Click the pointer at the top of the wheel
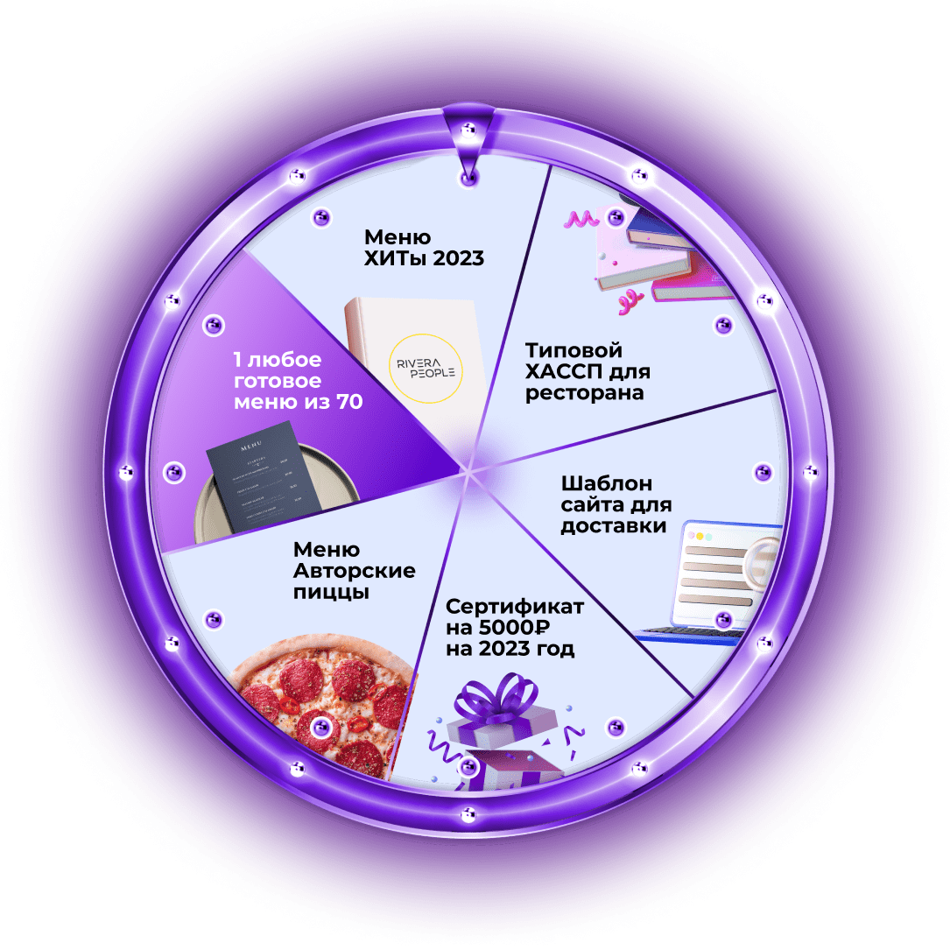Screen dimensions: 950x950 tap(469, 140)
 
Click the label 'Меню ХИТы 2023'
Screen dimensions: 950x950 tap(424, 248)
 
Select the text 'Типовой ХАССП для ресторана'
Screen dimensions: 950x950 tap(585, 372)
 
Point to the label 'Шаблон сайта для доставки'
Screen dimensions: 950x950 tap(615, 505)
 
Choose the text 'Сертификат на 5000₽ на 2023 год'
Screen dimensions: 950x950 tap(514, 628)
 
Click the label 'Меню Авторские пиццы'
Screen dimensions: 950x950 tap(354, 571)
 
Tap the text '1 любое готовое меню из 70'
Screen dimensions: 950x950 tap(289, 381)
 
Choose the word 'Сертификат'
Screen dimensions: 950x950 tap(514, 607)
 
